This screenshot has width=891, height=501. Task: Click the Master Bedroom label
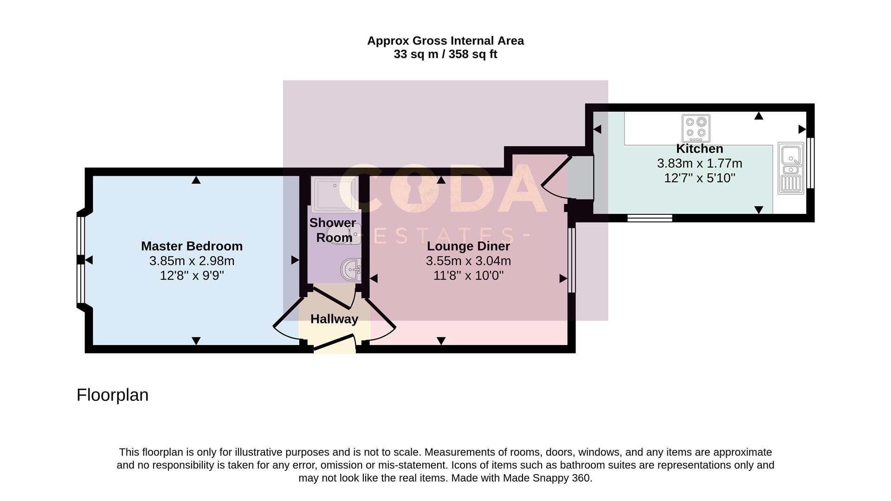click(192, 246)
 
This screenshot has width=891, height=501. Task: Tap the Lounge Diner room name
click(468, 246)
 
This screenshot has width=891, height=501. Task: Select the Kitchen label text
click(699, 149)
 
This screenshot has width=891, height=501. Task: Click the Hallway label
click(334, 319)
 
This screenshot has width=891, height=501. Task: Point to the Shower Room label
click(333, 230)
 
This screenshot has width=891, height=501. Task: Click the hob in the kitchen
click(696, 128)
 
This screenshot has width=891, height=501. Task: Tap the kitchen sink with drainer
click(790, 168)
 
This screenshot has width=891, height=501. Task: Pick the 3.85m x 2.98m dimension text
click(192, 261)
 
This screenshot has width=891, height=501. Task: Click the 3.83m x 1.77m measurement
click(699, 164)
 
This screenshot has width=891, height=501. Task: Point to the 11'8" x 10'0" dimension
click(468, 276)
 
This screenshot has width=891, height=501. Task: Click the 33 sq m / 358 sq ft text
click(445, 54)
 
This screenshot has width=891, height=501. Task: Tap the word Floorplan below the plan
click(112, 395)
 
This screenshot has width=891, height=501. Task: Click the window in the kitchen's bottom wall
click(650, 218)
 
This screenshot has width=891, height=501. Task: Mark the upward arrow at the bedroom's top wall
click(196, 180)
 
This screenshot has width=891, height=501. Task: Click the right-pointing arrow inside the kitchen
click(802, 129)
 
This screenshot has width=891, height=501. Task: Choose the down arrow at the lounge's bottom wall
click(441, 341)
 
